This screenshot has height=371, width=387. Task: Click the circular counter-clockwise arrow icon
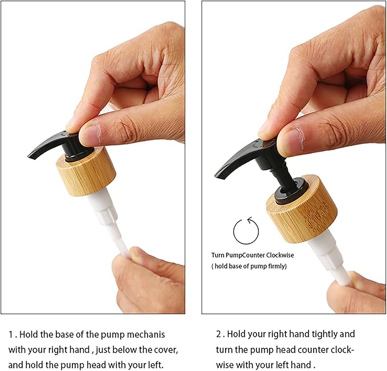pyautogui.click(x=234, y=231)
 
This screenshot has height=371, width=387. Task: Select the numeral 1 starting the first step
pyautogui.click(x=11, y=334)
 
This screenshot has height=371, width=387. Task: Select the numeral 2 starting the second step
pyautogui.click(x=219, y=334)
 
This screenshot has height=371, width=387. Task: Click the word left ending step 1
pyautogui.click(x=155, y=365)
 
